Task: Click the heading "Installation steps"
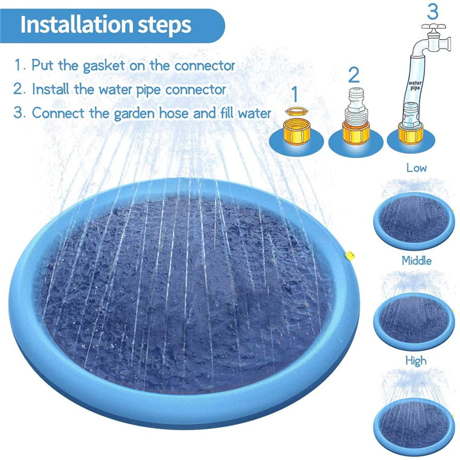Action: [105, 25]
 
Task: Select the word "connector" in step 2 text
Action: [195, 90]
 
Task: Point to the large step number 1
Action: [294, 94]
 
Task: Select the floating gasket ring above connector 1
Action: [295, 110]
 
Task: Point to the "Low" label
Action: [416, 168]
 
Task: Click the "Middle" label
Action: [416, 260]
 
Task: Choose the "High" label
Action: [416, 361]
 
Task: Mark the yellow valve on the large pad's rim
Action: [348, 255]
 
